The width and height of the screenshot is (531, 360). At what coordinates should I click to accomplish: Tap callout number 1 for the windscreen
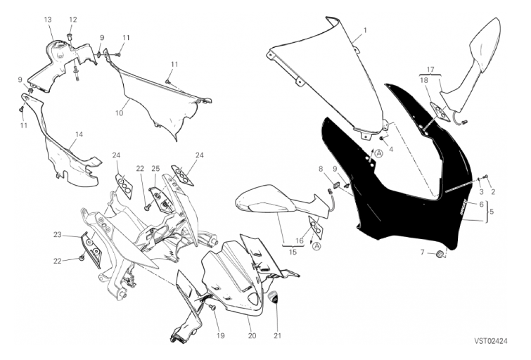(x=365, y=30)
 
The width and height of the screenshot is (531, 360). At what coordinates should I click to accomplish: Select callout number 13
(x=48, y=20)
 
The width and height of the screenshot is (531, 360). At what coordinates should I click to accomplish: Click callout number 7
(x=422, y=252)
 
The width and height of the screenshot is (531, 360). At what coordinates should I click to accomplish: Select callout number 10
(x=119, y=113)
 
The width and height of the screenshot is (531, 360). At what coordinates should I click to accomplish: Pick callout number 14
(x=79, y=134)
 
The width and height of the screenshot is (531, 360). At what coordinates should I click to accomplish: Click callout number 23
(x=57, y=234)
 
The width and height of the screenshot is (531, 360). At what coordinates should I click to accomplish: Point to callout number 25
(x=155, y=168)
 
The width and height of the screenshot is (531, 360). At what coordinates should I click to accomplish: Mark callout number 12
(x=73, y=20)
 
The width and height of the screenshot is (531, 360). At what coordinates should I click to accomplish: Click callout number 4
(x=391, y=148)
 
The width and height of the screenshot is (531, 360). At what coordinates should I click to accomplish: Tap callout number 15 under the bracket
(x=293, y=252)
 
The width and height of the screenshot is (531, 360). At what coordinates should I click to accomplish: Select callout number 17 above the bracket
(x=430, y=70)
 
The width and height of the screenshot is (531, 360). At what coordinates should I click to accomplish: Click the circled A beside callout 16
(x=316, y=246)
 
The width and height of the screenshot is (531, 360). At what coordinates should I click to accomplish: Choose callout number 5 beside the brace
(x=492, y=212)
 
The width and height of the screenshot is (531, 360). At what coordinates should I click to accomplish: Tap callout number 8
(x=321, y=168)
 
